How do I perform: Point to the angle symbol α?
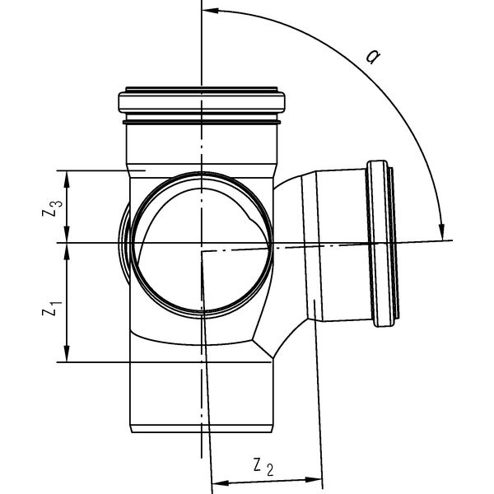[x=373, y=58]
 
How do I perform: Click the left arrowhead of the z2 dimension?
[x=217, y=479]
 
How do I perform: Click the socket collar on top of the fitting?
[x=202, y=102]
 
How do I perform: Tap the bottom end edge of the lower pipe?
[x=202, y=429]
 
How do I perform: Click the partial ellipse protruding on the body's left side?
[x=124, y=243]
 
